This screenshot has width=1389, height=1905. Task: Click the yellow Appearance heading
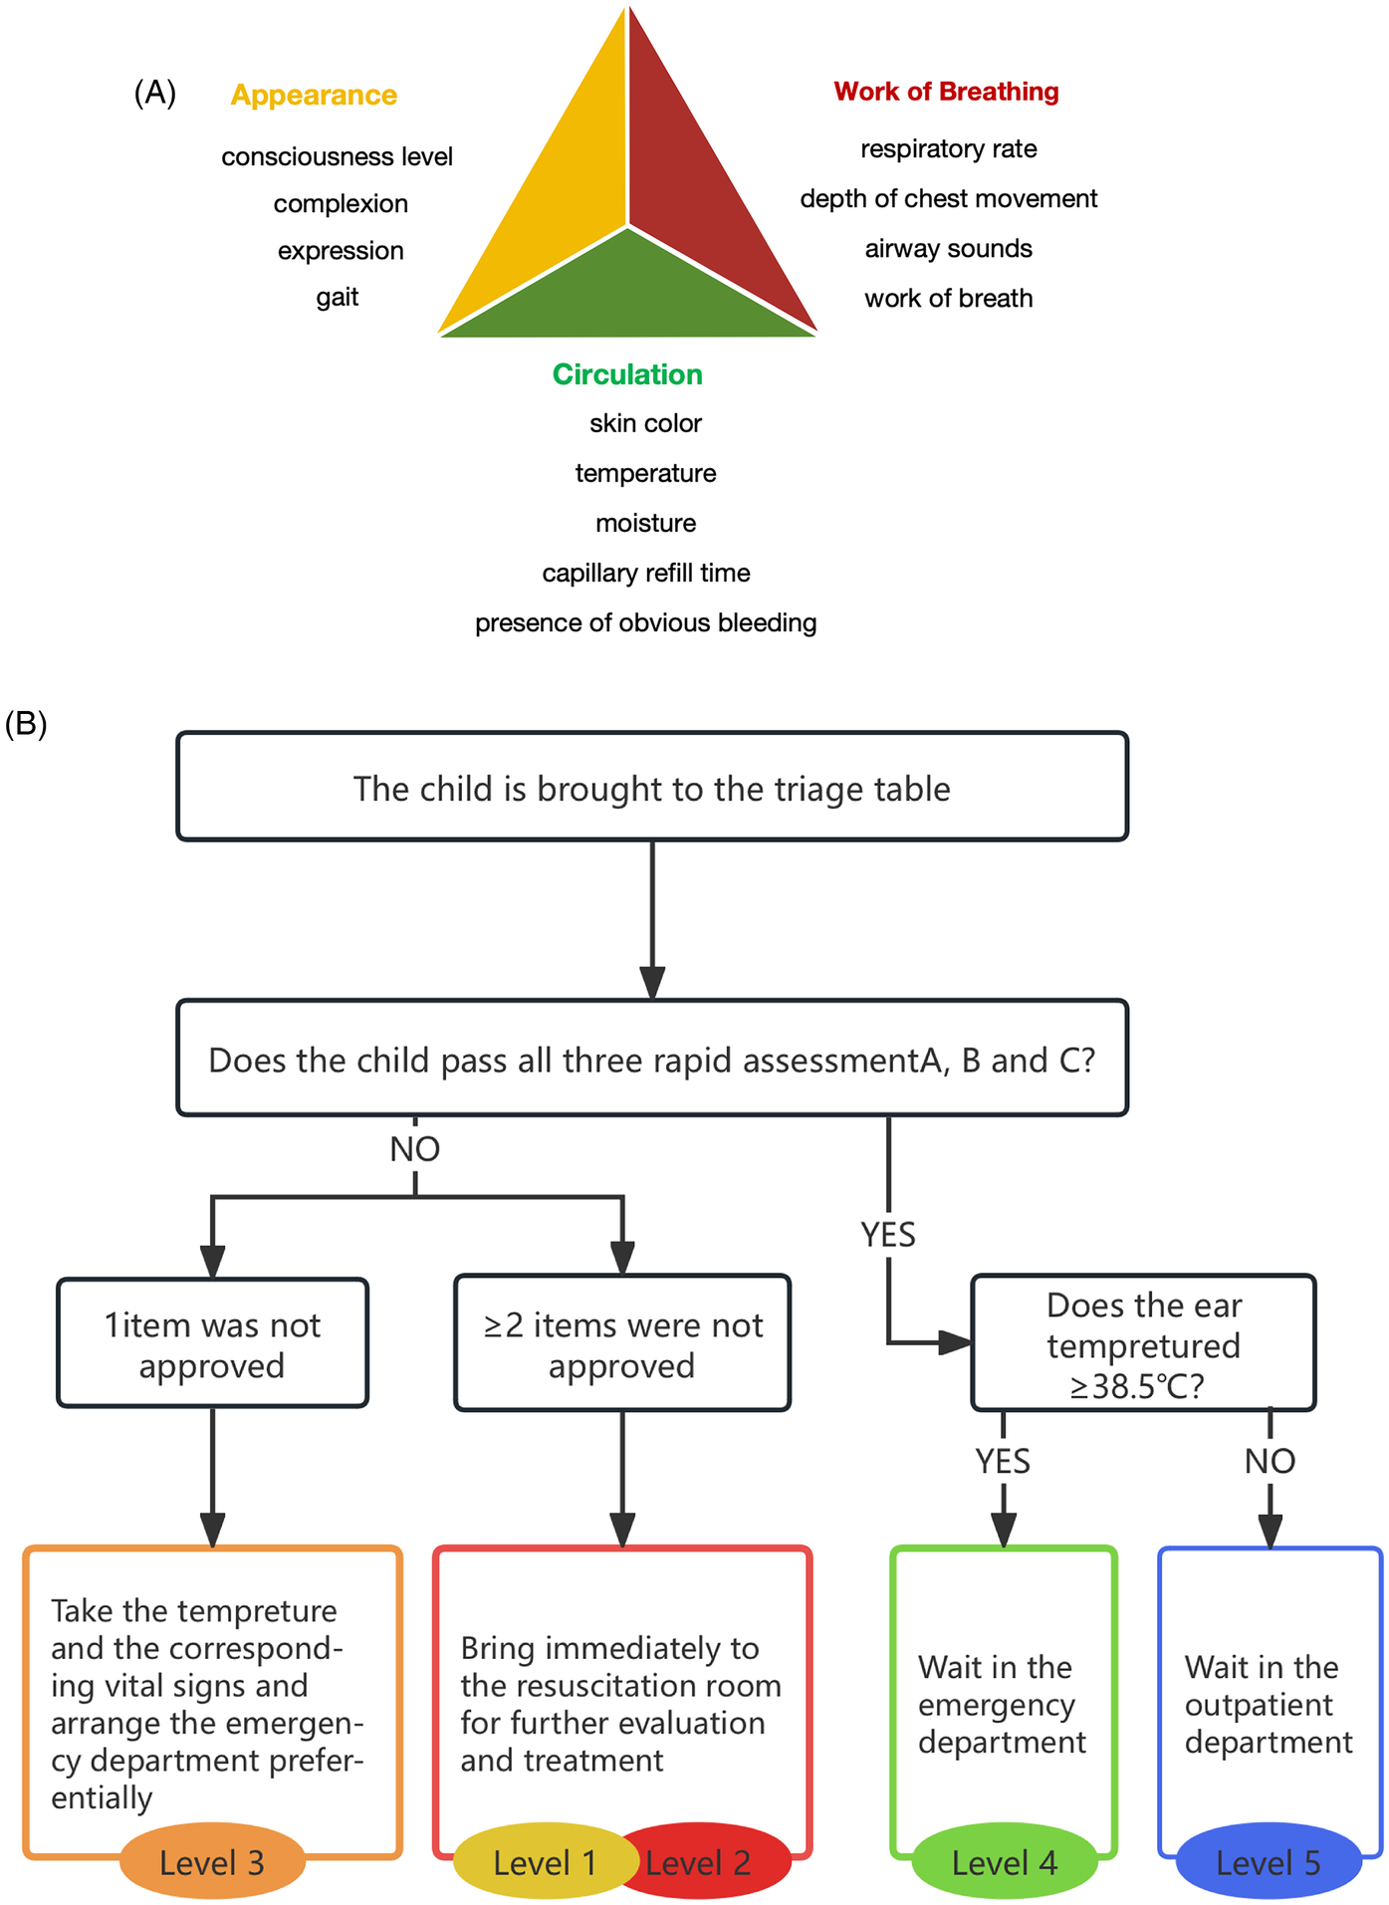pyautogui.click(x=314, y=96)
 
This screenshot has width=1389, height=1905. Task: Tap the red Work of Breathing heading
pyautogui.click(x=946, y=92)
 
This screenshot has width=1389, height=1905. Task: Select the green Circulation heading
pyautogui.click(x=627, y=374)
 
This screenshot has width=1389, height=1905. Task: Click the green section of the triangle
pyautogui.click(x=627, y=294)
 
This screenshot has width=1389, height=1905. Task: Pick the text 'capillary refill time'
pyautogui.click(x=646, y=573)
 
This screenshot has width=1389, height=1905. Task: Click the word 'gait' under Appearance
pyautogui.click(x=338, y=297)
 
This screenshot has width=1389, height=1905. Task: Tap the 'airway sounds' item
pyautogui.click(x=948, y=248)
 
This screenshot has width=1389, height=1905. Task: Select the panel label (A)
pyautogui.click(x=155, y=93)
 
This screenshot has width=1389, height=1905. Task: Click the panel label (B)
pyautogui.click(x=26, y=724)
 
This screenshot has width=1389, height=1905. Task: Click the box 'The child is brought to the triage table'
pyautogui.click(x=652, y=788)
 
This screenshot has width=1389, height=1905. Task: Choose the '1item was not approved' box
pyautogui.click(x=212, y=1344)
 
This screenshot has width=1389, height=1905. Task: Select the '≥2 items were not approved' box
pyautogui.click(x=622, y=1344)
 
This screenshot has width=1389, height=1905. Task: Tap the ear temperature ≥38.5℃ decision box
pyautogui.click(x=1143, y=1344)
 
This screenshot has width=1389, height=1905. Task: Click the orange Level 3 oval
pyautogui.click(x=212, y=1862)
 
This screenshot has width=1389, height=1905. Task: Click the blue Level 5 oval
pyautogui.click(x=1268, y=1862)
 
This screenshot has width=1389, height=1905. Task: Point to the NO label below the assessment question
pyautogui.click(x=415, y=1149)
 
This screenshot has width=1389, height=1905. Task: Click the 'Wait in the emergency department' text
pyautogui.click(x=1002, y=1705)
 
